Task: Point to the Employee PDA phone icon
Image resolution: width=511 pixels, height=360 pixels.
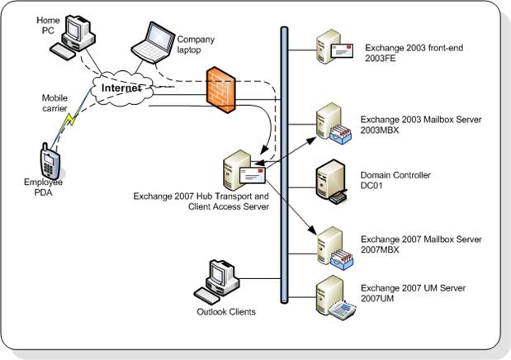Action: pos(49,159)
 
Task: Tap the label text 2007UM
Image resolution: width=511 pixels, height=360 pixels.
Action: pos(380,298)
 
